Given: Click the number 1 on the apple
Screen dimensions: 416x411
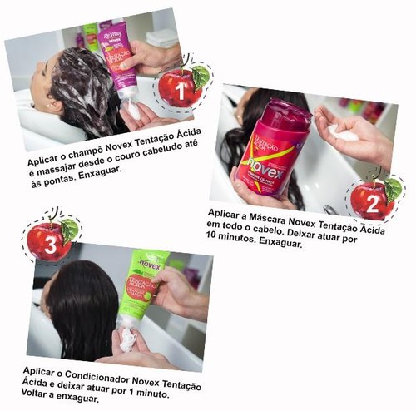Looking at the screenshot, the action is pyautogui.click(x=181, y=91).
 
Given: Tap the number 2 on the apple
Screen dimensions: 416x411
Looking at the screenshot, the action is pyautogui.click(x=373, y=204).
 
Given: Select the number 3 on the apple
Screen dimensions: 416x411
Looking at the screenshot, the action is pyautogui.click(x=51, y=245).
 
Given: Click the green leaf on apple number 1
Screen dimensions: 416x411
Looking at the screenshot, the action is pyautogui.click(x=201, y=77).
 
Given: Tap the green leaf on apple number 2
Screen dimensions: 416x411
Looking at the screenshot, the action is pyautogui.click(x=394, y=190).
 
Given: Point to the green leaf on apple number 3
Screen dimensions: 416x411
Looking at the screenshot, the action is pyautogui.click(x=69, y=230).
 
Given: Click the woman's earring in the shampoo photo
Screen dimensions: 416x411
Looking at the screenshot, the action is pyautogui.click(x=48, y=106).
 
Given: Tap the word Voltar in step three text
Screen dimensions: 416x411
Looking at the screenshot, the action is pyautogui.click(x=34, y=393).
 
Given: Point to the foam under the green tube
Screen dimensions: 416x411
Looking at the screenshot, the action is pyautogui.click(x=127, y=339).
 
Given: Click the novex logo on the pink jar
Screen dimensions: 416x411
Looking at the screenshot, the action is pyautogui.click(x=265, y=166).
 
